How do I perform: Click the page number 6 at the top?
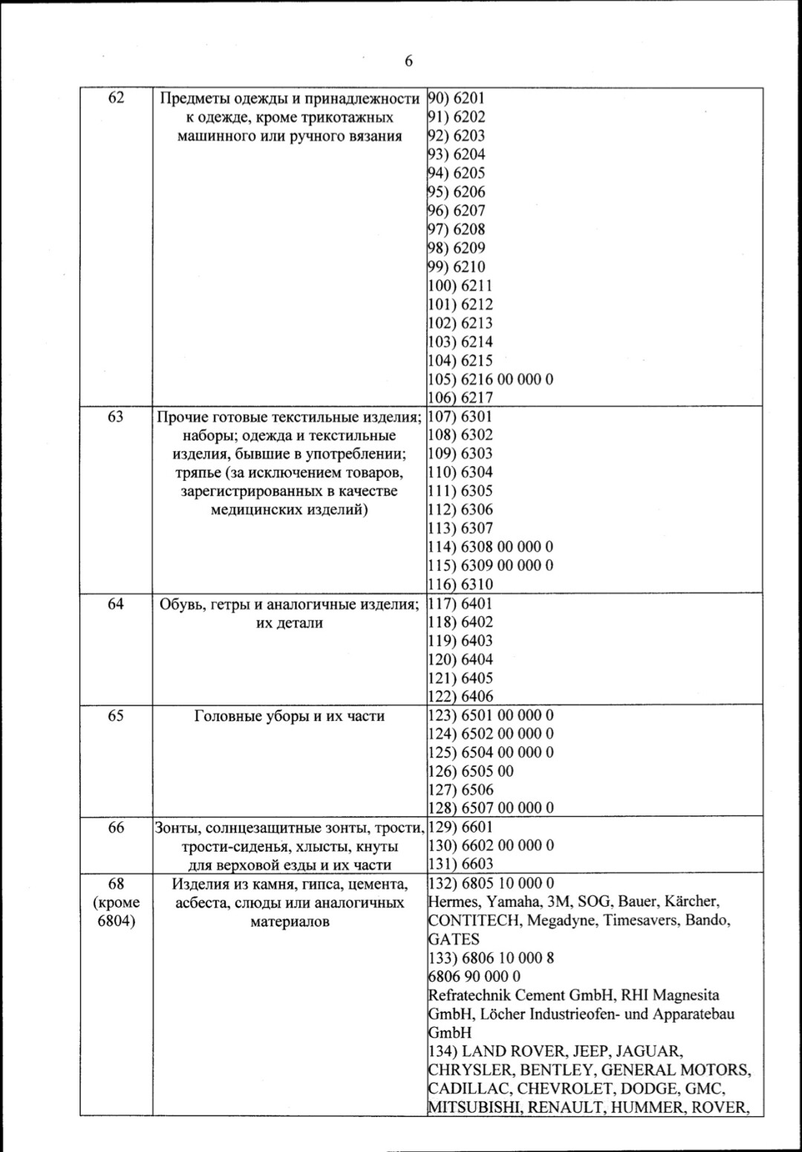click(408, 62)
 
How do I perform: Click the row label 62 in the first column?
click(116, 98)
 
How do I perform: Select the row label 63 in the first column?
click(116, 417)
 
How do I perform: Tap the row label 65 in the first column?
click(116, 716)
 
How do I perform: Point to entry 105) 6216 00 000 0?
click(491, 379)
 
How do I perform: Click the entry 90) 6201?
click(457, 98)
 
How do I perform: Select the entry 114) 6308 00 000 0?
click(491, 547)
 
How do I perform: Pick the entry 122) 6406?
click(460, 696)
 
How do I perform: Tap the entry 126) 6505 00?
click(471, 771)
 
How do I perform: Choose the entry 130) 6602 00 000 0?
click(491, 846)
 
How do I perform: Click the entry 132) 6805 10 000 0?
click(491, 884)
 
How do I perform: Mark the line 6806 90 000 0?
click(475, 977)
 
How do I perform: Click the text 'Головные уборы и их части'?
click(290, 716)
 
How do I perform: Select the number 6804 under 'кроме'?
click(116, 921)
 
